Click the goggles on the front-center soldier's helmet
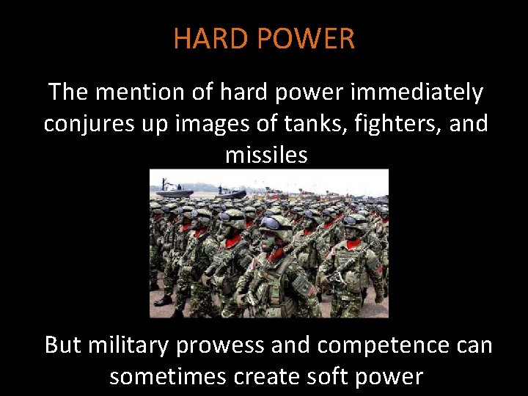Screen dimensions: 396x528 275,224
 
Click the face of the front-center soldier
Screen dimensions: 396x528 276,238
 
